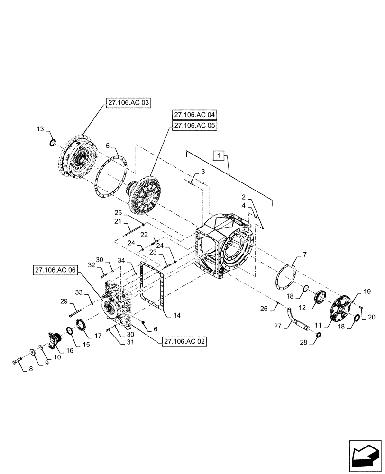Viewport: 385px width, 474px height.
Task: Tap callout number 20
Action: point(371,317)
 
